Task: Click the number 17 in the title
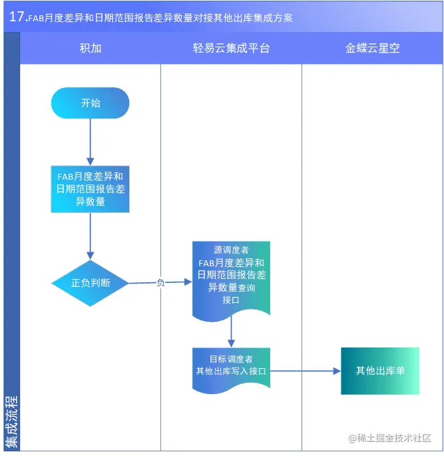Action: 17,17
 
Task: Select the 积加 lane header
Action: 90,49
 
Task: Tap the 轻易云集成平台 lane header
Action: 231,49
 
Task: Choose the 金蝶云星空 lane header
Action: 372,49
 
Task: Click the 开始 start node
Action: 90,103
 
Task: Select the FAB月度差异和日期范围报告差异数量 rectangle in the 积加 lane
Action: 90,189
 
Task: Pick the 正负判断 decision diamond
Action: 91,283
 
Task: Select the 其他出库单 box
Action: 379,371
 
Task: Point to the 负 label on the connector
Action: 160,283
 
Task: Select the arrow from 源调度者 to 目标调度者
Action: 231,333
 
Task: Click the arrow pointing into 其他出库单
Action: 306,371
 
